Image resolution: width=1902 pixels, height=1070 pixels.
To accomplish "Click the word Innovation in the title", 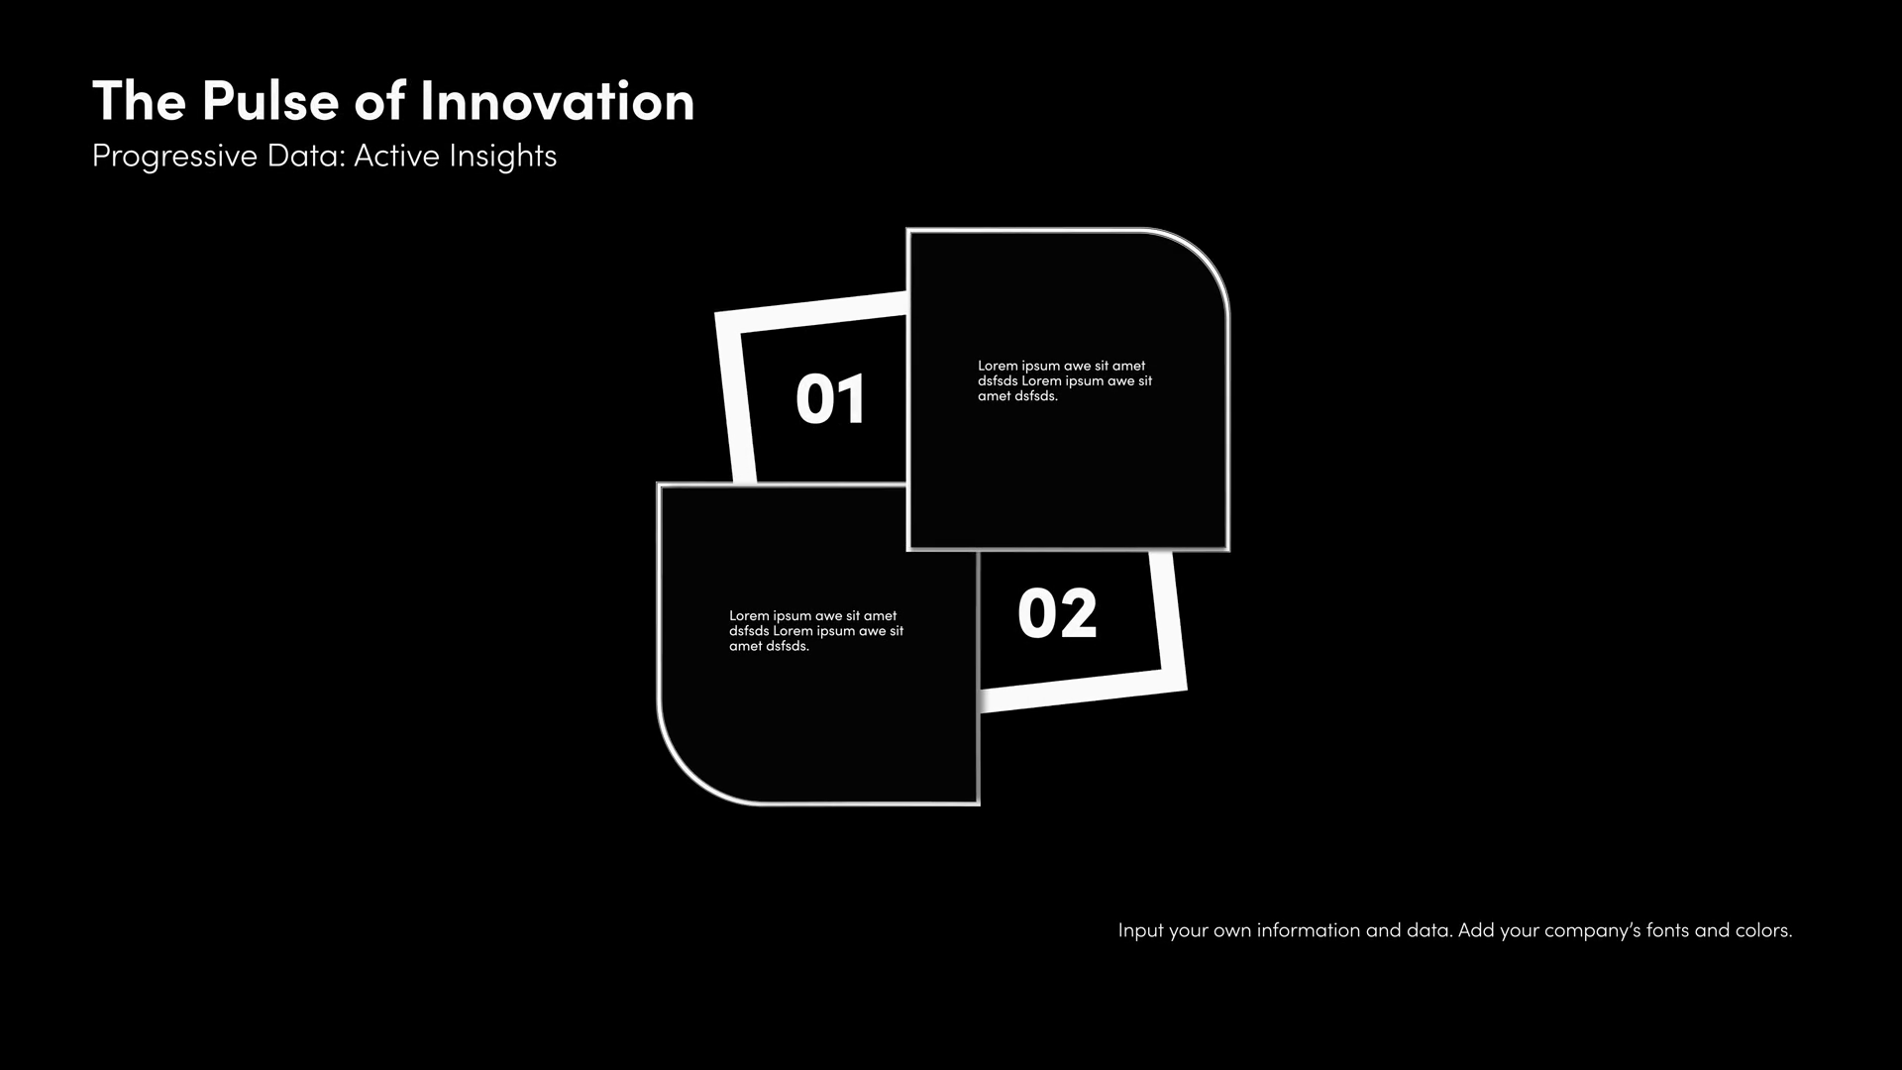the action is [x=558, y=101].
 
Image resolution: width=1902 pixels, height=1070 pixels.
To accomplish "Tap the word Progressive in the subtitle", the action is [x=174, y=158].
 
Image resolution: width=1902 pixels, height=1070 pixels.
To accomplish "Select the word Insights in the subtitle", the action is [x=503, y=158].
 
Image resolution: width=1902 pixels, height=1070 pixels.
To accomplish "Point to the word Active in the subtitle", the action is [x=396, y=156].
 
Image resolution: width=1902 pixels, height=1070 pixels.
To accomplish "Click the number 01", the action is [x=831, y=400].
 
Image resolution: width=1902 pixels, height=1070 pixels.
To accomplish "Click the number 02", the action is [x=1057, y=614].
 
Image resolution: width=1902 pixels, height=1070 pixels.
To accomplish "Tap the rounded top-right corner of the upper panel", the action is [x=1202, y=257].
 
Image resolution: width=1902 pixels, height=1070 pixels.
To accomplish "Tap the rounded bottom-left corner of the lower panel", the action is [x=686, y=776].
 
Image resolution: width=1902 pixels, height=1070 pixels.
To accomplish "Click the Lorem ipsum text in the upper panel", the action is [x=1065, y=381].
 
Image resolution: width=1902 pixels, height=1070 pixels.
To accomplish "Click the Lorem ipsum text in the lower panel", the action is [x=816, y=631].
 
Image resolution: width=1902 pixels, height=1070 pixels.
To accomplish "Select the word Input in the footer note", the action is [x=1140, y=931].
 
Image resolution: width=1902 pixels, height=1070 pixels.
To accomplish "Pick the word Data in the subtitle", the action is [x=306, y=156].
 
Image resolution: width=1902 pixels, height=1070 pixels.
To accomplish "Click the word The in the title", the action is [x=139, y=101].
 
